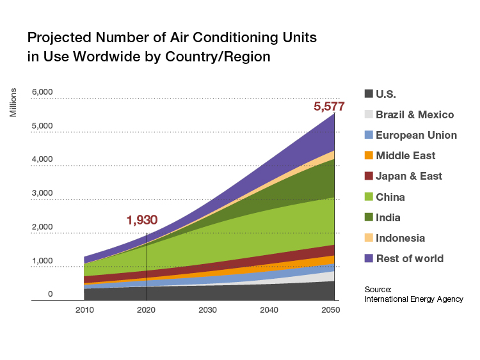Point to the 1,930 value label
click(x=141, y=221)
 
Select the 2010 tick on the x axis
click(x=84, y=310)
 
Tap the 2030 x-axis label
click(x=208, y=310)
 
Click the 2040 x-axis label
click(x=269, y=310)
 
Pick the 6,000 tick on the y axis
click(x=42, y=92)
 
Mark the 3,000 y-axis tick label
click(x=42, y=193)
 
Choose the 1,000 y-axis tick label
click(x=42, y=260)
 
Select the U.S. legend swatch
click(x=368, y=94)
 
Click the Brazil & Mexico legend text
click(x=415, y=114)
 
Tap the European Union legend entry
click(x=416, y=135)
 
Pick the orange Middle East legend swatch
click(x=368, y=155)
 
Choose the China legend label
click(x=390, y=197)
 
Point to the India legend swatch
click(x=368, y=217)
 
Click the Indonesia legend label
click(x=400, y=238)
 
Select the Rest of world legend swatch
click(x=368, y=258)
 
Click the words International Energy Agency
click(x=413, y=299)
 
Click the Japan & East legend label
click(x=408, y=176)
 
